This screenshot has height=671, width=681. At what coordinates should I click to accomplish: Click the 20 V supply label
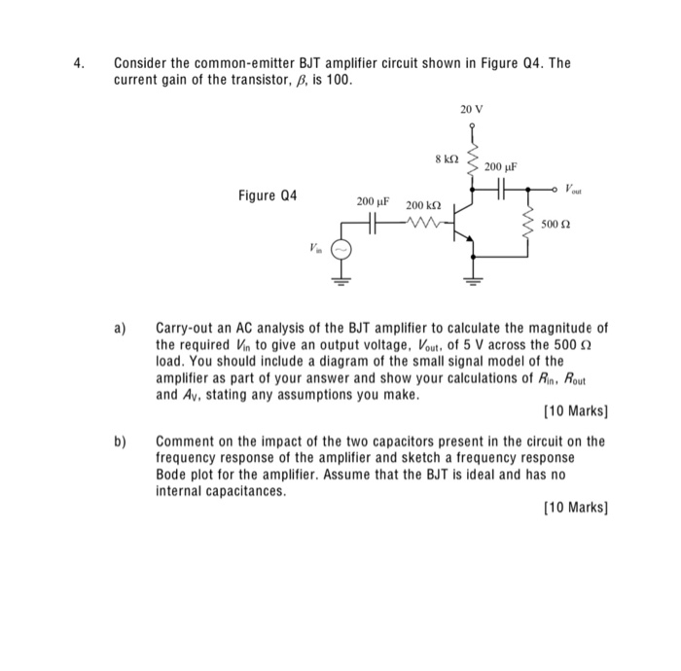click(x=471, y=110)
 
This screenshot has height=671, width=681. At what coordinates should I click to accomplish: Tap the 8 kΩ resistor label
click(x=447, y=157)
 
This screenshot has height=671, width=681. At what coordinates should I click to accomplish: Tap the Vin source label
click(x=313, y=248)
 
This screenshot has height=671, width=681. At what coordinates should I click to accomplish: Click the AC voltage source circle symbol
click(x=342, y=250)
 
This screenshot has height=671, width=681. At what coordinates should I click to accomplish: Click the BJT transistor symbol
click(x=467, y=223)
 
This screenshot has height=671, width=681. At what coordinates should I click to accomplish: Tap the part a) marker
click(x=123, y=328)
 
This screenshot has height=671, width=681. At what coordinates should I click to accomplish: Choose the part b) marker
click(x=123, y=441)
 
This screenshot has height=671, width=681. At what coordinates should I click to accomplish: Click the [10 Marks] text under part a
click(x=575, y=411)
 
